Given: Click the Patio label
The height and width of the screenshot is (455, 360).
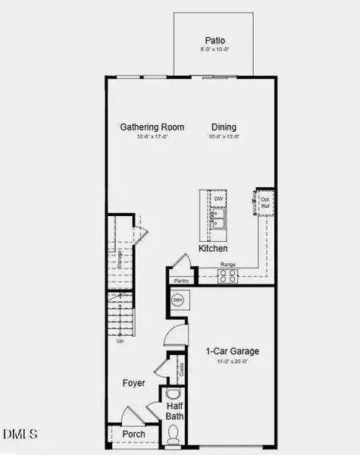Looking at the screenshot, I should click(x=215, y=40).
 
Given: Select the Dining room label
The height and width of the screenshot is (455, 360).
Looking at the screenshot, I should click(x=224, y=127).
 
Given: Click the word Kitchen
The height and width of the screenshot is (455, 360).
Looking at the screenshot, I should click(x=213, y=248).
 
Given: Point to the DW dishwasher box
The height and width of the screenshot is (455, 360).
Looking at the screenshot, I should click(x=218, y=199).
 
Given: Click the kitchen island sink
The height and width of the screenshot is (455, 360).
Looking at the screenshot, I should click(x=218, y=219).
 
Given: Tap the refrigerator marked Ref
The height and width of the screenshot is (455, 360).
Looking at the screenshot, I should click(x=265, y=202).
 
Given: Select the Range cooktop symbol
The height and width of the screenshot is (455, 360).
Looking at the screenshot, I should click(x=227, y=277).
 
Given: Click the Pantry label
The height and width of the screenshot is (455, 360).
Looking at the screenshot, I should click(x=181, y=281).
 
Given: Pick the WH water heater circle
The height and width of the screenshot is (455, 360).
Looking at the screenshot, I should click(x=177, y=301).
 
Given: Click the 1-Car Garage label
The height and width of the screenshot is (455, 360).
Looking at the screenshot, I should click(x=233, y=351).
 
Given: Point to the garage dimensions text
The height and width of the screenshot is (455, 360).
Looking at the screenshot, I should click(x=233, y=362).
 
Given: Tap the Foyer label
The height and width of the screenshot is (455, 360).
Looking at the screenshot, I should click(x=133, y=383).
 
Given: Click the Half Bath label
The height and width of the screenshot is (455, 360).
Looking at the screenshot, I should click(x=180, y=411).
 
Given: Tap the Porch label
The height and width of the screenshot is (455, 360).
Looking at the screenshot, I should click(x=133, y=435).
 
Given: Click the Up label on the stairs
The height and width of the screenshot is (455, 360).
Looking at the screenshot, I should click(x=120, y=340).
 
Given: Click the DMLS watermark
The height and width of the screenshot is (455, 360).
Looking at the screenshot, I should click(x=20, y=434).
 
